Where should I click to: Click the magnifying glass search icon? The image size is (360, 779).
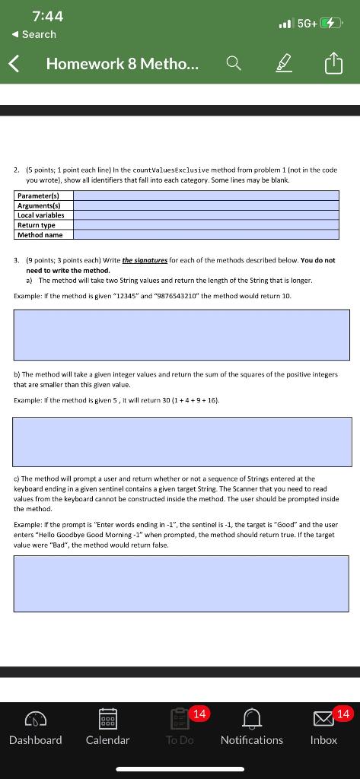[x=235, y=65]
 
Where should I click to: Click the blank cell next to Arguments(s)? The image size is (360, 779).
[x=205, y=205]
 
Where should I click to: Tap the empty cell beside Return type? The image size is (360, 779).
[x=205, y=225]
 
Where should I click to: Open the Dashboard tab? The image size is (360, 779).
[x=36, y=728]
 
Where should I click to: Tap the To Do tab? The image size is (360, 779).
[x=180, y=728]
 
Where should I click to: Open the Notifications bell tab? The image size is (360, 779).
[x=251, y=728]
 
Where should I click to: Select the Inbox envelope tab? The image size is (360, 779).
[x=323, y=728]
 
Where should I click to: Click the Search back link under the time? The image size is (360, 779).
[x=34, y=34]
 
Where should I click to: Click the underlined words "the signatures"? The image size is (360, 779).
[x=146, y=260]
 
